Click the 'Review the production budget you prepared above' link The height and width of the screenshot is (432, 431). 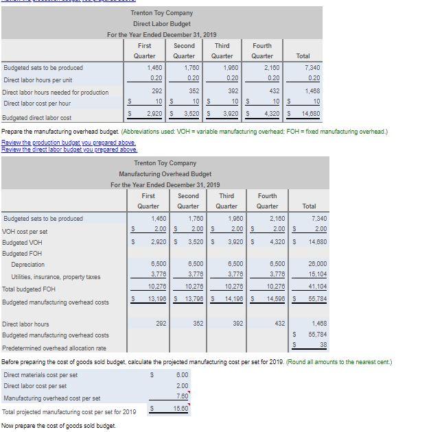tap(68, 142)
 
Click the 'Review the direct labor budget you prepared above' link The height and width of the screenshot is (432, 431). tap(69, 149)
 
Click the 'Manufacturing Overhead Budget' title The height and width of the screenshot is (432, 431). tap(164, 174)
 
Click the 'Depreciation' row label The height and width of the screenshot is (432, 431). tap(28, 265)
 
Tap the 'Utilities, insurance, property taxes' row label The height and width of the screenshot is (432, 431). tap(56, 277)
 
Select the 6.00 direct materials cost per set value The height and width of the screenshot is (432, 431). tap(181, 375)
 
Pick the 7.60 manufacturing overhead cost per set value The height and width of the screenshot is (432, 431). tap(182, 396)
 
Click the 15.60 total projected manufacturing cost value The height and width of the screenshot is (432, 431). tap(180, 408)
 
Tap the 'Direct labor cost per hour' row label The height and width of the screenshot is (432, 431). tap(36, 104)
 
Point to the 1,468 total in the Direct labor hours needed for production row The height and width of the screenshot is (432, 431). tap(312, 91)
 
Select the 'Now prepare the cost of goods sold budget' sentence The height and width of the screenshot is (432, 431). tap(58, 426)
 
